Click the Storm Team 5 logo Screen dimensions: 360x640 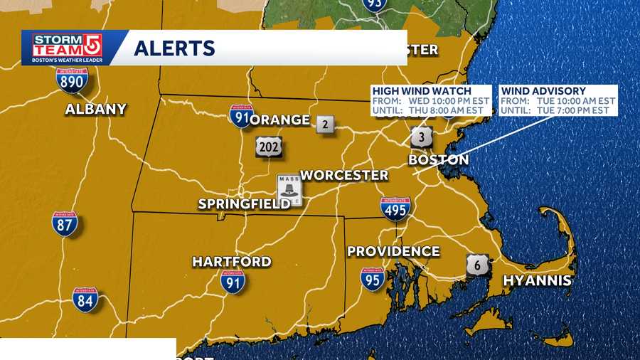click(x=68, y=48)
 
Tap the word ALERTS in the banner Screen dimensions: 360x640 click(x=174, y=48)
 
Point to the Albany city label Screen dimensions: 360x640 click(x=95, y=109)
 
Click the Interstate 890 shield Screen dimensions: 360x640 click(x=72, y=80)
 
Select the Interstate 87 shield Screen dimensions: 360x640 click(x=65, y=224)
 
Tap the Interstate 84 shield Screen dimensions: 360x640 click(x=85, y=300)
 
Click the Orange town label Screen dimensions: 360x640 click(x=280, y=120)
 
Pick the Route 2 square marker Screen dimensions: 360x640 click(x=325, y=125)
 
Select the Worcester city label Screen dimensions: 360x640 click(x=344, y=175)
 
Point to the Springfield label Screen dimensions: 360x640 click(x=244, y=204)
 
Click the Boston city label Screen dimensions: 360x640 click(x=438, y=160)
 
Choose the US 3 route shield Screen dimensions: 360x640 click(x=421, y=136)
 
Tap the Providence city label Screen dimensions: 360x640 click(x=393, y=251)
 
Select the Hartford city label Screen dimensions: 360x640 click(x=232, y=261)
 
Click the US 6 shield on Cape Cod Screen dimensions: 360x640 click(x=477, y=265)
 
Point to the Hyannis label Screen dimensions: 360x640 click(x=537, y=280)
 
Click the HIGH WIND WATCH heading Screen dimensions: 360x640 click(x=422, y=91)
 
